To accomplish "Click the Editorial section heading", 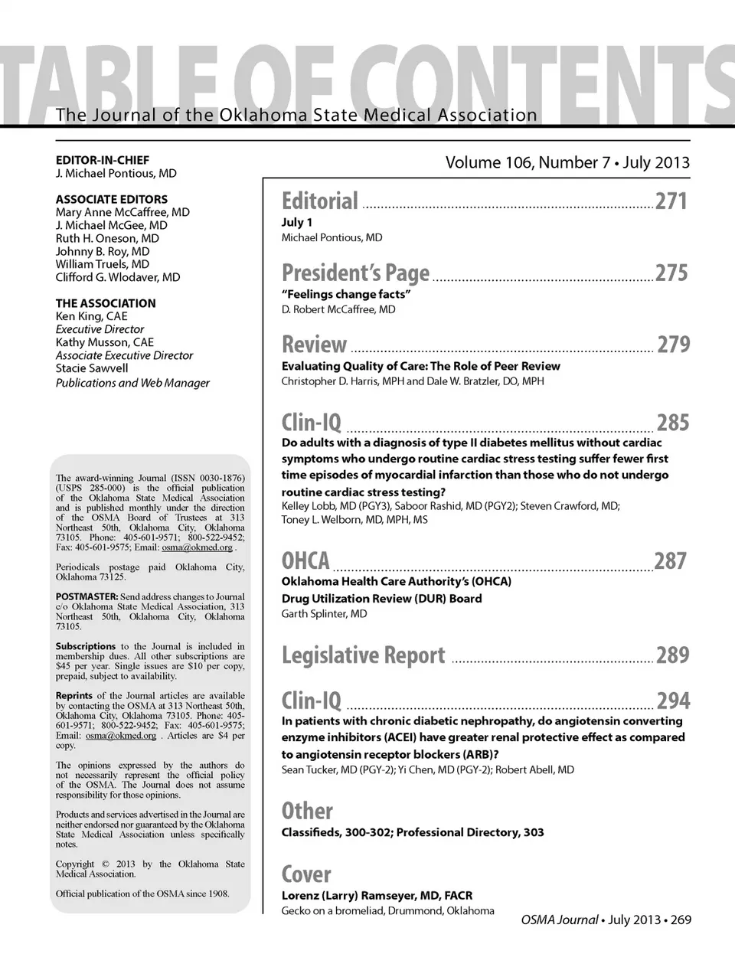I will coord(320,201).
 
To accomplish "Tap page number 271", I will coord(671,201).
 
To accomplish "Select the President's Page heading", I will coord(355,273).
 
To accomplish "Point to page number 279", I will coord(673,345).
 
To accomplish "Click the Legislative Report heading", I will coord(363,655).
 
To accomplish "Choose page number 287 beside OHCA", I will coord(671,561).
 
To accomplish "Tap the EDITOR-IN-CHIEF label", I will coord(103,161).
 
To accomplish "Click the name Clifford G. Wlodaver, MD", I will coord(118,277).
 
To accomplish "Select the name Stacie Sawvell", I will coord(92,368).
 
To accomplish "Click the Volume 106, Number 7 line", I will coord(567,162).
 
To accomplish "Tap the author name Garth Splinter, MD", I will coord(324,614).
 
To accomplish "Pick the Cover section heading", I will coord(306,874).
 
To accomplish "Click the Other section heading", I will coord(307,811).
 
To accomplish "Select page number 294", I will coord(673,701).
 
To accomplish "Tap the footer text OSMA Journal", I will coord(560,920).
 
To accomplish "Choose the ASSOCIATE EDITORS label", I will coord(112,199).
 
